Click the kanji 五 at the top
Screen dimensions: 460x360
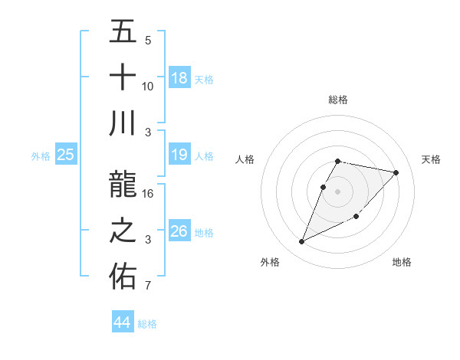pyautogui.click(x=123, y=31)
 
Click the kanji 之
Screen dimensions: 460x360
pyautogui.click(x=123, y=231)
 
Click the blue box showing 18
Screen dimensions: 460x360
pyautogui.click(x=179, y=77)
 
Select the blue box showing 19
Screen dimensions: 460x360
pyautogui.click(x=179, y=155)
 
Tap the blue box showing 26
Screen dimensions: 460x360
pyautogui.click(x=179, y=231)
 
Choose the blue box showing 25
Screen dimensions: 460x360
pyautogui.click(x=66, y=155)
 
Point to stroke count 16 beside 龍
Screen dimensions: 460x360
pyautogui.click(x=148, y=194)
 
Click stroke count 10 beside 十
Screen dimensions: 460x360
pyautogui.click(x=148, y=87)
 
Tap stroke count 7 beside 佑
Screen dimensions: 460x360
pyautogui.click(x=148, y=286)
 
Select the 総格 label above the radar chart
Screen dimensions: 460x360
pyautogui.click(x=338, y=100)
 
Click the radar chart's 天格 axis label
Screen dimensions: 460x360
pyautogui.click(x=432, y=159)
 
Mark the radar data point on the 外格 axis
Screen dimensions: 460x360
pyautogui.click(x=302, y=242)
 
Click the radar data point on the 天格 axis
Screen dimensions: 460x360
pyautogui.click(x=396, y=172)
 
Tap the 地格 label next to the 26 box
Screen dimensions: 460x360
pyautogui.click(x=204, y=232)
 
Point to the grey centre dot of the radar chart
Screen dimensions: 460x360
pyautogui.click(x=338, y=191)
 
